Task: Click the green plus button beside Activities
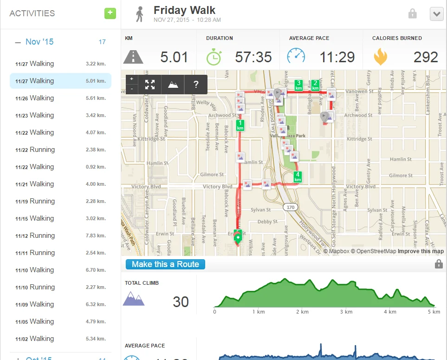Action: (110, 13)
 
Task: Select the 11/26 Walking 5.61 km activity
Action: (60, 98)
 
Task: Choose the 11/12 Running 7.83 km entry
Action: (60, 236)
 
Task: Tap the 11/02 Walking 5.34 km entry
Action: (60, 339)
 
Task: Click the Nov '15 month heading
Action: (39, 42)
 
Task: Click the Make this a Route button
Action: (165, 264)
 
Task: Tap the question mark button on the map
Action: (196, 85)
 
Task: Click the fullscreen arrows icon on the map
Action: (149, 85)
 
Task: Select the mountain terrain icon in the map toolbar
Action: (173, 85)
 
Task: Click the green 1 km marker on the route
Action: (240, 125)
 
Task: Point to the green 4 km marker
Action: (298, 177)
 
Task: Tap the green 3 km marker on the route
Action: (299, 85)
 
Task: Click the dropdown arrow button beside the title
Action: (436, 14)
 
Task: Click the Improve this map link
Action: (421, 251)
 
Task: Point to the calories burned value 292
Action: (426, 57)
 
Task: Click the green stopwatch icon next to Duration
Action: (214, 57)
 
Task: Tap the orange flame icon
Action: (381, 57)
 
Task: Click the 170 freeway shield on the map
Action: (291, 207)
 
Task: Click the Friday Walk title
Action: (184, 10)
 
